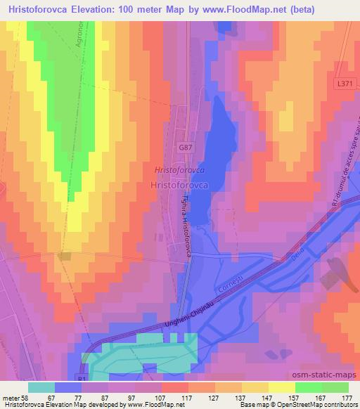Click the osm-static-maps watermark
(327, 373)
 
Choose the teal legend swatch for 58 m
(41, 387)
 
